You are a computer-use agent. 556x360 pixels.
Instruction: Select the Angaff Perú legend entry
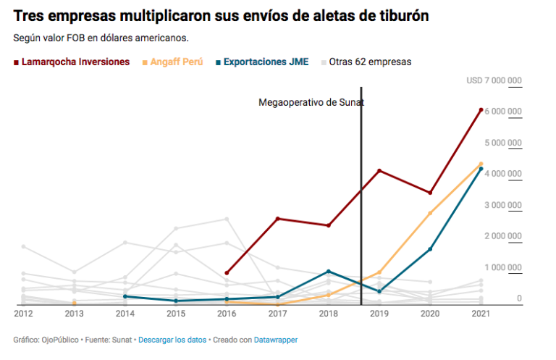(x=176, y=62)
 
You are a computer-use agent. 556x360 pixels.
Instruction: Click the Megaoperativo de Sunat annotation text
(x=311, y=103)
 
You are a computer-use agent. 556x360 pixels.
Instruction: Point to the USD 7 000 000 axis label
(x=494, y=80)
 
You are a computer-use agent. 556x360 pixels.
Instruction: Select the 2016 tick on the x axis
(x=227, y=314)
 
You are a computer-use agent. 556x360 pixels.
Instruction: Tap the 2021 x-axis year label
(x=481, y=314)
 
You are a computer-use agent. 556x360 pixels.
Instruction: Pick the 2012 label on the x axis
(x=23, y=314)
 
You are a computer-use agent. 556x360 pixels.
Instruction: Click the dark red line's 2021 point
(x=481, y=110)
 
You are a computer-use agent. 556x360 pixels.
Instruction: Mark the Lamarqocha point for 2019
(x=379, y=171)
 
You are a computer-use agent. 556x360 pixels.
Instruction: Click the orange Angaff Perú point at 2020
(x=430, y=214)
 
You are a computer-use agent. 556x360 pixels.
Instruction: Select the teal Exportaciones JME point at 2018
(x=329, y=272)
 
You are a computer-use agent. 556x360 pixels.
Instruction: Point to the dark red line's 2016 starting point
(x=227, y=273)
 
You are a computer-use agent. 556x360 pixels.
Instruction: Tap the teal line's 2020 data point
(x=430, y=249)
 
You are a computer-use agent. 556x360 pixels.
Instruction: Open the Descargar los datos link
(x=172, y=340)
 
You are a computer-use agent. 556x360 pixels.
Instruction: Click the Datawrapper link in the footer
(x=276, y=340)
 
